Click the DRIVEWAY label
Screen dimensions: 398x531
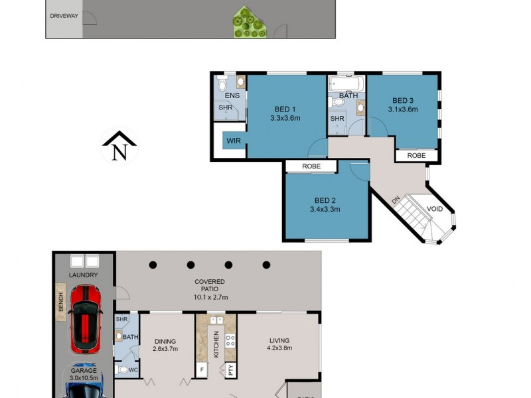point(64,15)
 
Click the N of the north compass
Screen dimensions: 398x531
point(119,152)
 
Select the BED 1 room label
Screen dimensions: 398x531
point(285,109)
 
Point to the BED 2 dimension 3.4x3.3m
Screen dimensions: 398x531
point(325,209)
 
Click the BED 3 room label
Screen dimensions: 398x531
point(403,100)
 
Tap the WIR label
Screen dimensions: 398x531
point(234,141)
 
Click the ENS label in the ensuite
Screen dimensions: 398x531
point(232,96)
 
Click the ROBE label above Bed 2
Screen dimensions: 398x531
point(311,166)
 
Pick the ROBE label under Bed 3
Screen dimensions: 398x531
point(416,156)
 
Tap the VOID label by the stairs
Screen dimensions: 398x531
point(435,209)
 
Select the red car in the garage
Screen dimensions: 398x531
point(85,318)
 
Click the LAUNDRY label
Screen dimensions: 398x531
point(84,275)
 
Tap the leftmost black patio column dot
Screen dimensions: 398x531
point(153,265)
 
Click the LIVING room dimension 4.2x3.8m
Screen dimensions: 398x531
point(279,348)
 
